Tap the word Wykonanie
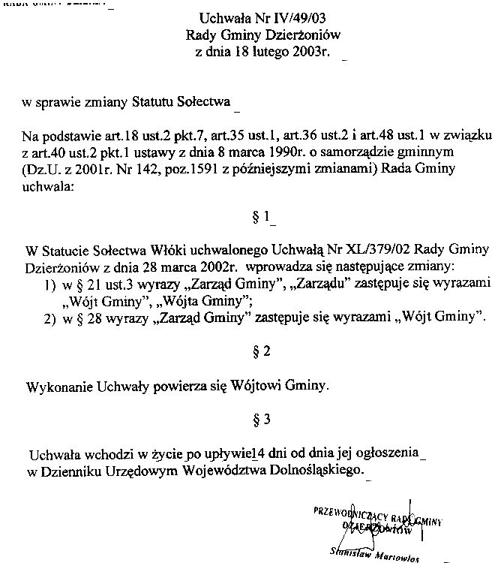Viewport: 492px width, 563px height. tap(57, 387)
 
